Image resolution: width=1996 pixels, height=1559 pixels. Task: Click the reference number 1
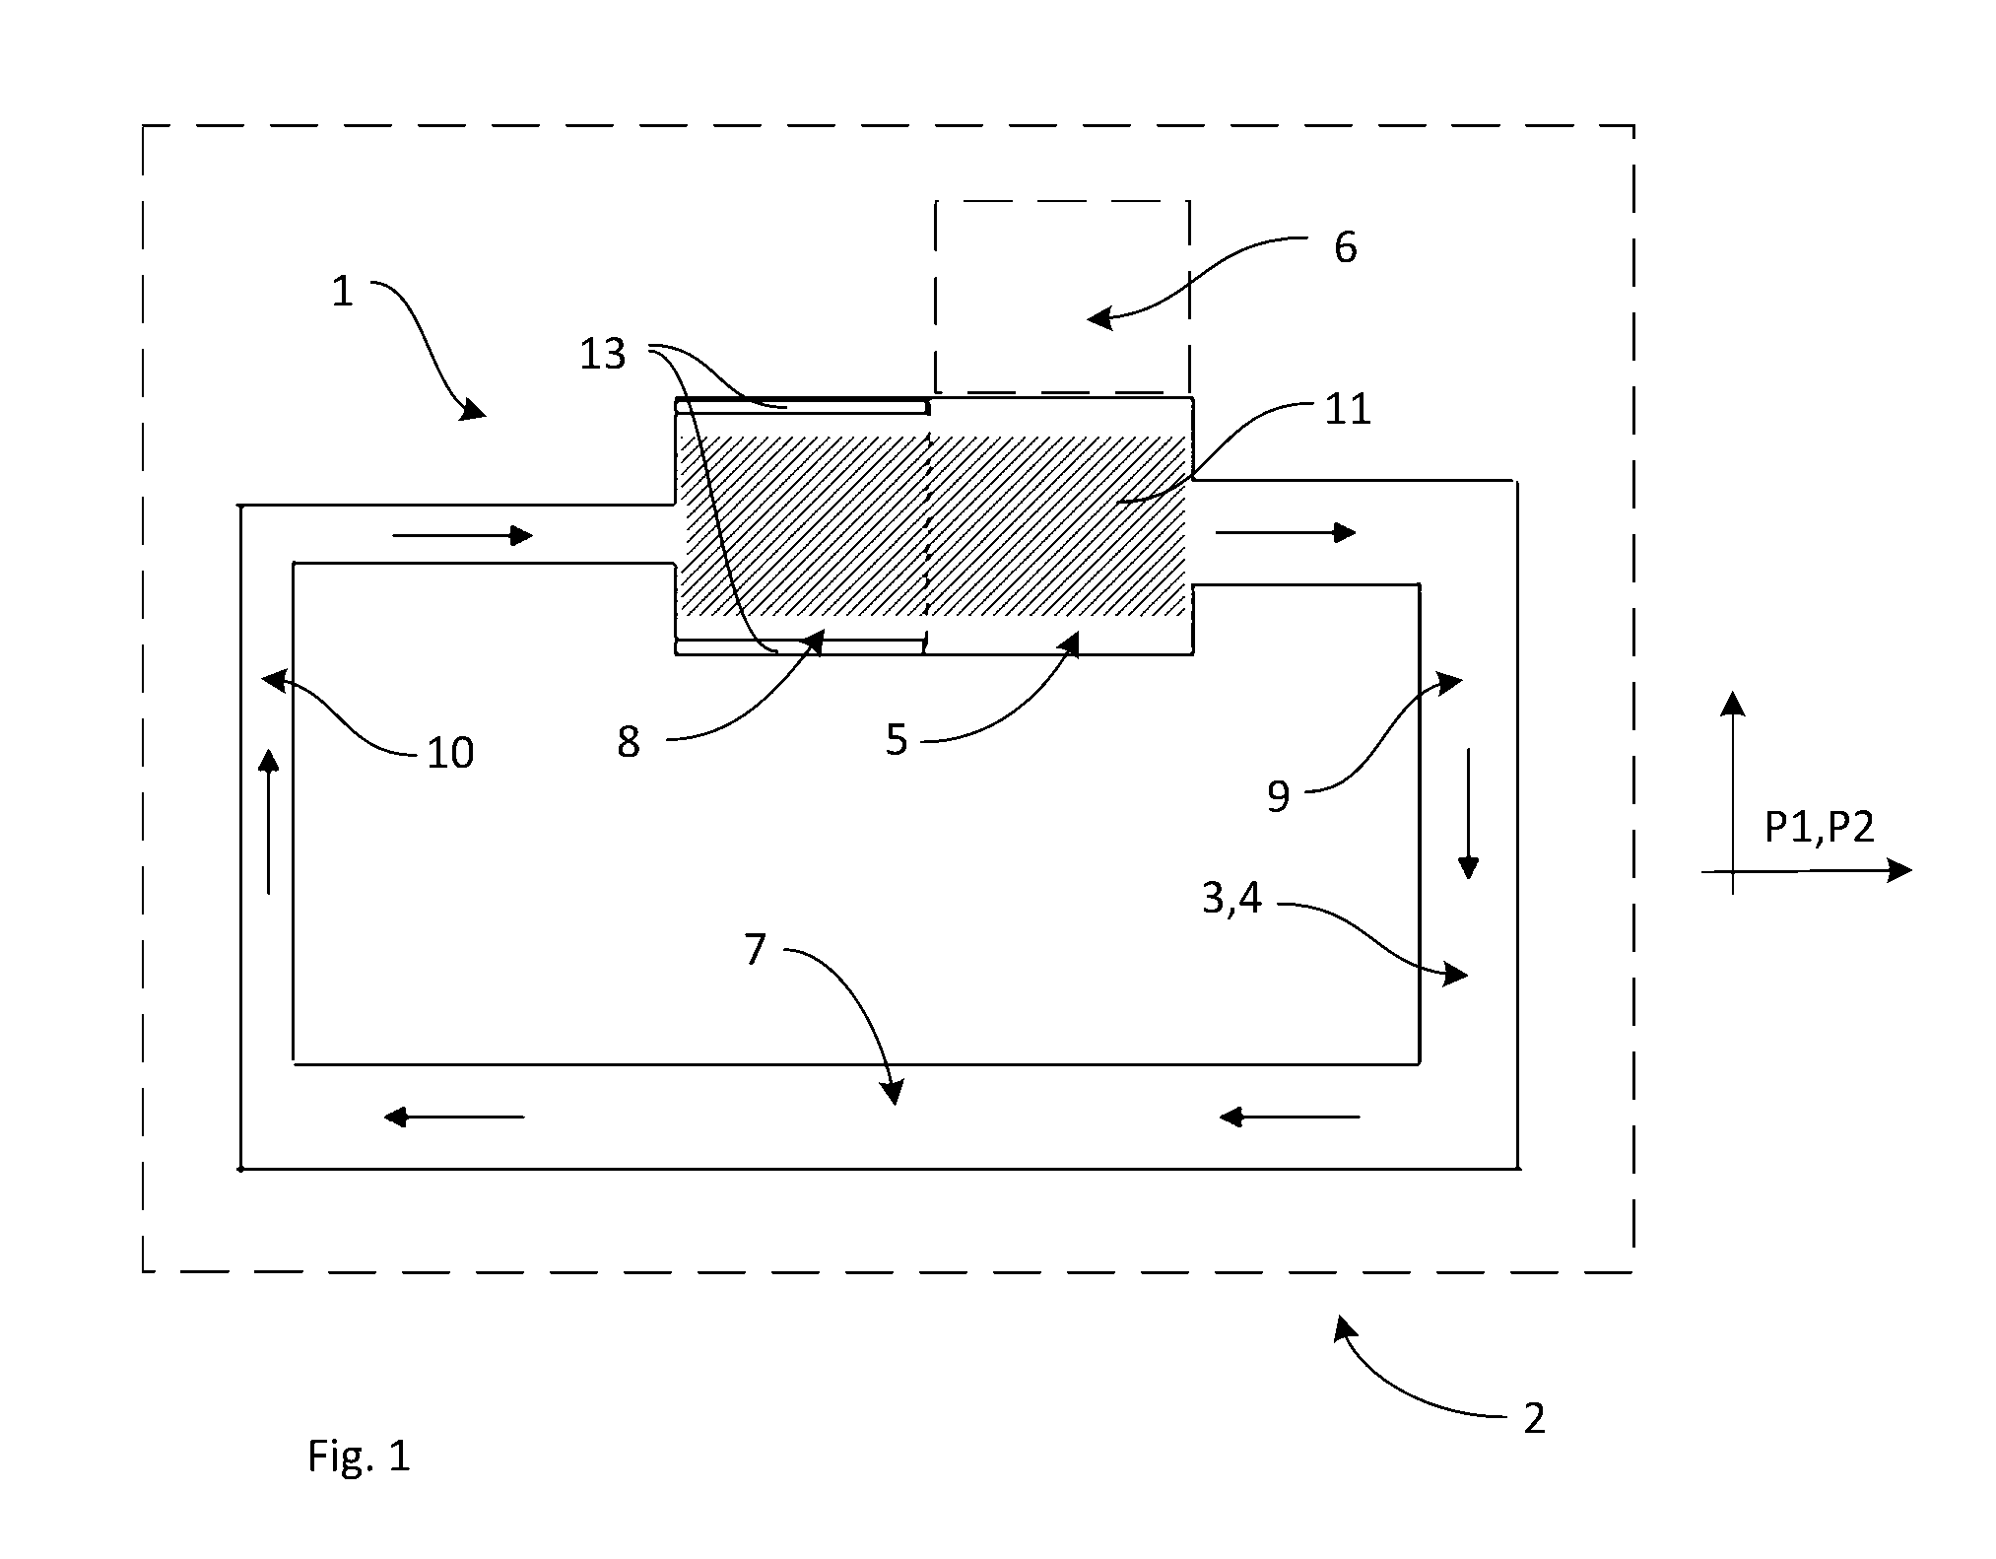click(342, 292)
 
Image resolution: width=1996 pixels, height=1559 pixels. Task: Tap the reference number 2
click(1534, 1418)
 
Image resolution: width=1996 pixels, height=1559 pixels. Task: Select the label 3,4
click(1231, 899)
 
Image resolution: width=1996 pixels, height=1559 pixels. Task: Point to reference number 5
click(896, 740)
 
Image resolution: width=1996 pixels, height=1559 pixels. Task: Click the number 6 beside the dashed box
click(1345, 247)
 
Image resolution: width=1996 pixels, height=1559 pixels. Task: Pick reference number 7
click(755, 950)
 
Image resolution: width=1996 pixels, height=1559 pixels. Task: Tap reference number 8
click(629, 743)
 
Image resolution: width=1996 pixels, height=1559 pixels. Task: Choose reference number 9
click(1278, 796)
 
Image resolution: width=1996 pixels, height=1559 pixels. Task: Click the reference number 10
click(450, 754)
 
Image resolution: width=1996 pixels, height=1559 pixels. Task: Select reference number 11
click(1347, 410)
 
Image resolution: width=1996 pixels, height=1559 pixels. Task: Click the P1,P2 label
click(1819, 829)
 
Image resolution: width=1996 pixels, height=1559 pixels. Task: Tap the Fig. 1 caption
click(359, 1456)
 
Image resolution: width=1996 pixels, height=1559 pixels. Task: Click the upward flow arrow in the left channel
click(268, 822)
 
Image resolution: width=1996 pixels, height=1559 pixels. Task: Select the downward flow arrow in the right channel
click(1468, 813)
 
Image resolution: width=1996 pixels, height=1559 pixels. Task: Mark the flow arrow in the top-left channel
click(463, 536)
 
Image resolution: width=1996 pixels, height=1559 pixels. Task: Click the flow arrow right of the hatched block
click(1286, 533)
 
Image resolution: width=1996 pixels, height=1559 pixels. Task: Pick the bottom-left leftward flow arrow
click(454, 1117)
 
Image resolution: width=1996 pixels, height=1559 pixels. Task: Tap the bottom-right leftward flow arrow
click(1289, 1117)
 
